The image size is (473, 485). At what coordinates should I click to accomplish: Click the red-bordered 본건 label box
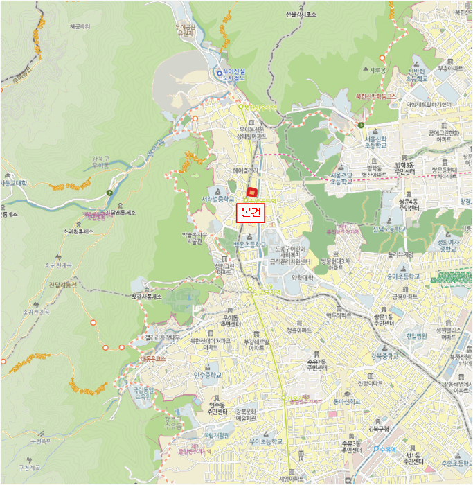[250, 213]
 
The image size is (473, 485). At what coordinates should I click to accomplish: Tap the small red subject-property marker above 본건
[252, 192]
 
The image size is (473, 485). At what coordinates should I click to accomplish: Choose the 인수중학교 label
[208, 375]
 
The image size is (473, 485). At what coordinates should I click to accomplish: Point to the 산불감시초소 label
[301, 13]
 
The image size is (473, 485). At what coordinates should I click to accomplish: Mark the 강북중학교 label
[384, 356]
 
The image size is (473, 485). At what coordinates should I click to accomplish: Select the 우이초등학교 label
[265, 441]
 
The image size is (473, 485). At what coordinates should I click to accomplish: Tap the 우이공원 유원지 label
[184, 30]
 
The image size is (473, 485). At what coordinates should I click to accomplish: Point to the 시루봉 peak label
[377, 70]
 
